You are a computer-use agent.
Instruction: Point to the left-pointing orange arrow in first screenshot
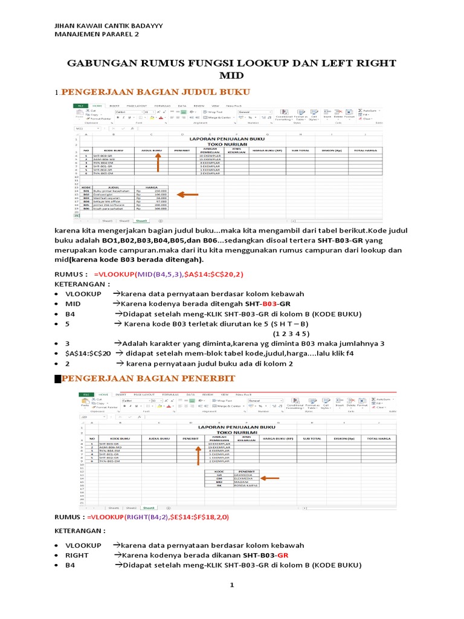click(x=188, y=195)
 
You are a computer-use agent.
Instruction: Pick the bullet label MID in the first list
click(x=74, y=303)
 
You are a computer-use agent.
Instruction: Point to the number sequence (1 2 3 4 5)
click(x=291, y=333)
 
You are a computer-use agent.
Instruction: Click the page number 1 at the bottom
click(x=231, y=586)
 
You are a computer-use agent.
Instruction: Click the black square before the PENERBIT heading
click(x=58, y=379)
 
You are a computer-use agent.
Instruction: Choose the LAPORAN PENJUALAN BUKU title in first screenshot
click(x=227, y=139)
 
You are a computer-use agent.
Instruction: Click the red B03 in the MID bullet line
click(x=269, y=303)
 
